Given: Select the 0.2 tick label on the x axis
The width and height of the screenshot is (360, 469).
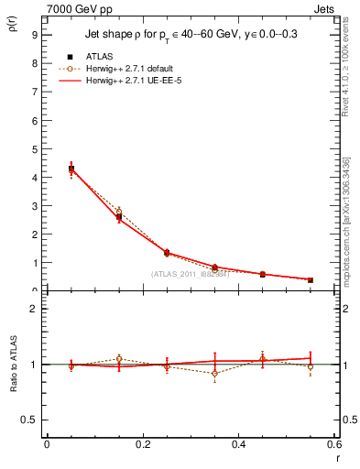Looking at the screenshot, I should point(142,443).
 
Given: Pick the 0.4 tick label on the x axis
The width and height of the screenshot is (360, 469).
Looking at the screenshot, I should point(238,443).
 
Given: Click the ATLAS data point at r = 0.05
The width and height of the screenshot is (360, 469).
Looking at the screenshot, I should point(71,169).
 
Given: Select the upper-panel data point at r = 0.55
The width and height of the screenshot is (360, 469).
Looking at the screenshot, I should point(311,279).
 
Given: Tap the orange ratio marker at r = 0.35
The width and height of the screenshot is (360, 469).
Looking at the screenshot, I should point(214,373).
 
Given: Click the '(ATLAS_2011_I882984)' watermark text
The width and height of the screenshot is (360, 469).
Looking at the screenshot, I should point(190,274).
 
